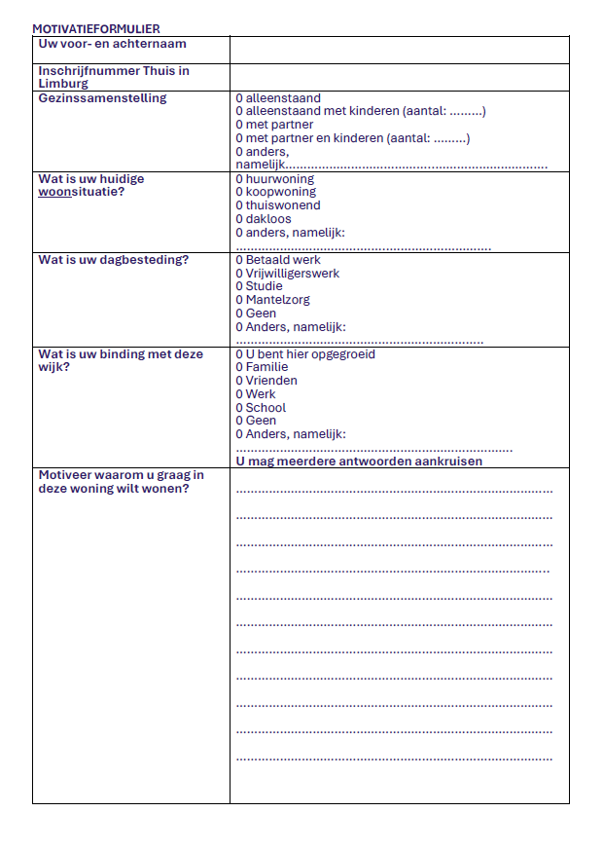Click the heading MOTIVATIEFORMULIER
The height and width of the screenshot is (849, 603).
pos(96,29)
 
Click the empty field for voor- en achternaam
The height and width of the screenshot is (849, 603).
pos(399,50)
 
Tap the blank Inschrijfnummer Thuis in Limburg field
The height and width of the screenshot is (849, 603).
pos(399,77)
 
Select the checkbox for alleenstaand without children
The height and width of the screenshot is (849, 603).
pos(239,98)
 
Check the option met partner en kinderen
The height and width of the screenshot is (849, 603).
pos(239,138)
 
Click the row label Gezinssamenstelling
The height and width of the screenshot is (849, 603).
pos(102,98)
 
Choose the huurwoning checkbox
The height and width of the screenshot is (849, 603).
pos(239,179)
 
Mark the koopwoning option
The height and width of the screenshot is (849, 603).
pos(239,192)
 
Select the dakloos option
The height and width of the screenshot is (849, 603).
pos(239,219)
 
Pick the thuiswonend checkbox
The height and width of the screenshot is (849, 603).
pos(239,205)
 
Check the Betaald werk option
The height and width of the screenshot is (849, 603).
pos(239,260)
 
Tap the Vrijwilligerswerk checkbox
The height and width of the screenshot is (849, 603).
pos(239,274)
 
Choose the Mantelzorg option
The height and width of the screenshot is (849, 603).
pos(239,300)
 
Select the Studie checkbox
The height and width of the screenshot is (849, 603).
pos(239,286)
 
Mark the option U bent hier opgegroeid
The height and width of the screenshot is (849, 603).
pos(239,354)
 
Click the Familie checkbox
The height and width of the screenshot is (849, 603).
pos(239,368)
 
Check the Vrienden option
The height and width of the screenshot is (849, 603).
pos(239,381)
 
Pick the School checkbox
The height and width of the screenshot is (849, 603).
pos(239,408)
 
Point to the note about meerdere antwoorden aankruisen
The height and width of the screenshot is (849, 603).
pos(359,461)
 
